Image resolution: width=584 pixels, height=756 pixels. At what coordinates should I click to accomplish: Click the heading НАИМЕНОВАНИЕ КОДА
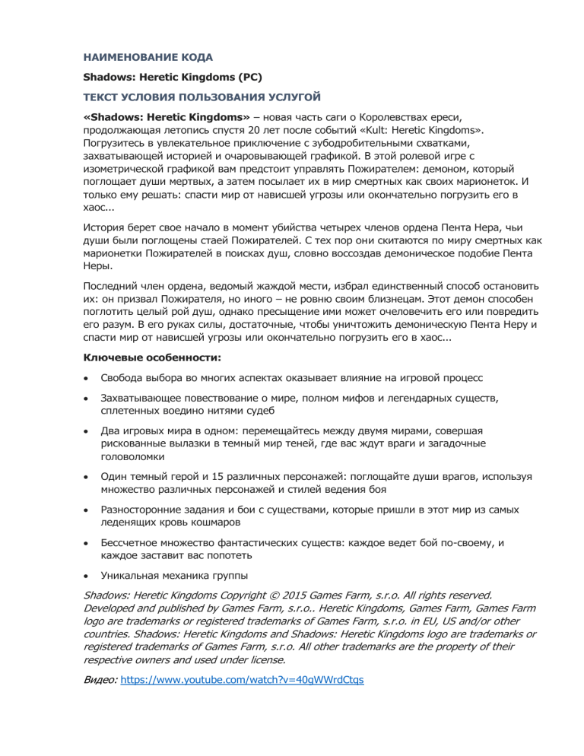click(x=148, y=57)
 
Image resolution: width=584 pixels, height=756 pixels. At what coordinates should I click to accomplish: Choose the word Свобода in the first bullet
click(x=124, y=378)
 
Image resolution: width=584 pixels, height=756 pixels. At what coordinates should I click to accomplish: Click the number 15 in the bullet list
click(x=205, y=476)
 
